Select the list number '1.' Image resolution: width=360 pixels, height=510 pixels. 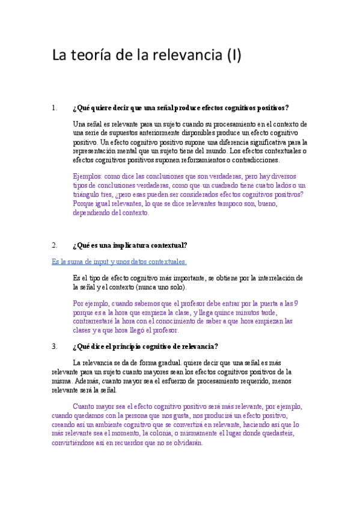pos(55,108)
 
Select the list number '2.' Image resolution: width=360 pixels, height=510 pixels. pos(55,245)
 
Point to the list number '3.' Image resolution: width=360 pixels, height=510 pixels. pos(55,346)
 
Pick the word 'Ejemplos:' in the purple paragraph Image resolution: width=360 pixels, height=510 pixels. pos(87,177)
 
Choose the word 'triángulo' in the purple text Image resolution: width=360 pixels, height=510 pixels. pos(88,195)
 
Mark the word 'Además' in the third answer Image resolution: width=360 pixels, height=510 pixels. pos(88,381)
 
